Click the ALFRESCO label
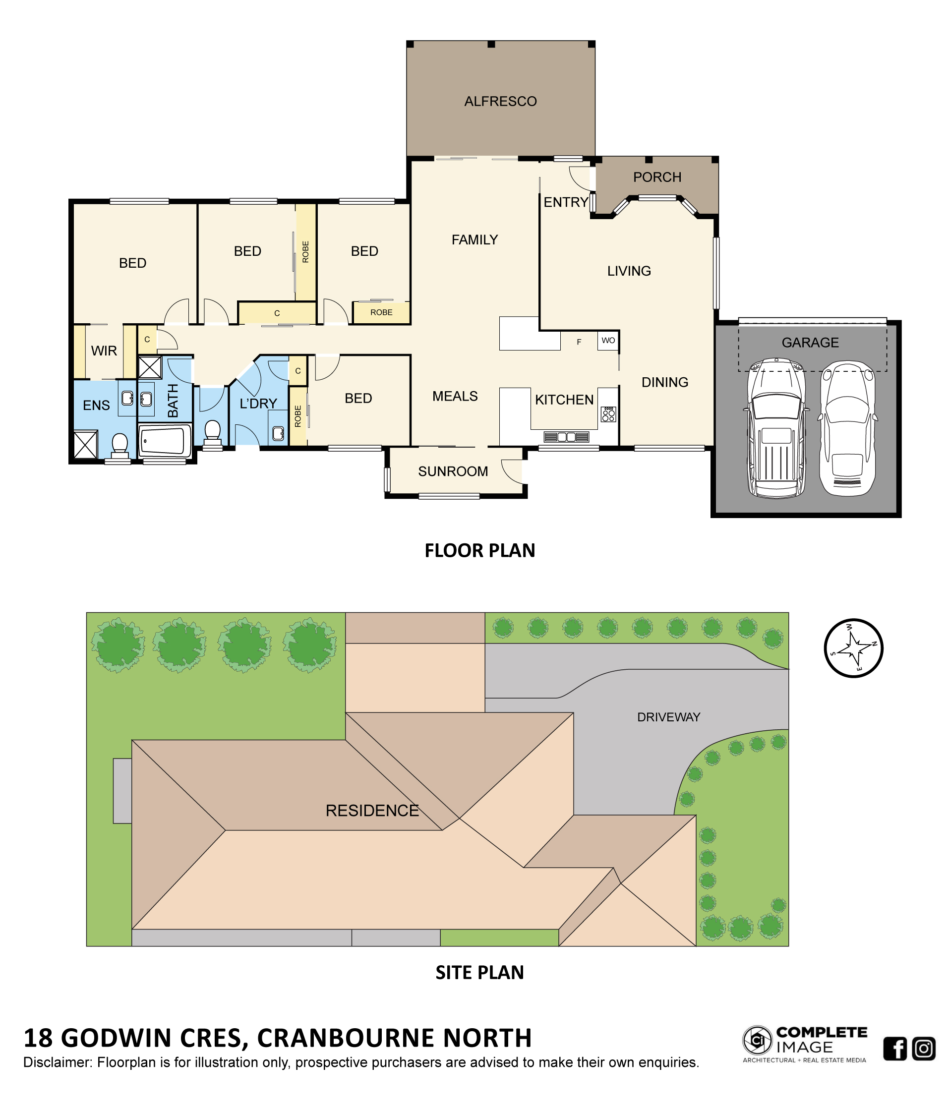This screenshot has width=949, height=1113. point(500,101)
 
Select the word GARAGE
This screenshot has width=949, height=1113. point(809,342)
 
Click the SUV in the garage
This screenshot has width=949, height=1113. point(775,426)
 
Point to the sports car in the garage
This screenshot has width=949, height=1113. point(847,427)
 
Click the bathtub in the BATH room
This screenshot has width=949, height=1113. point(165,440)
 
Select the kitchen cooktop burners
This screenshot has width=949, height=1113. point(608,413)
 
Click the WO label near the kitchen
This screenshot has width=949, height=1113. point(608,340)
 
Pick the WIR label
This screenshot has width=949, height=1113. point(104,351)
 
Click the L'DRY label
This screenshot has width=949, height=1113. point(258,403)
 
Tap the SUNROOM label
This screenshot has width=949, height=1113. point(453,471)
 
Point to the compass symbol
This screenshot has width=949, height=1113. point(853,648)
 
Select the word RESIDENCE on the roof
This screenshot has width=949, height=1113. point(372,810)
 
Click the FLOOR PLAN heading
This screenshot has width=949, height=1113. point(479,551)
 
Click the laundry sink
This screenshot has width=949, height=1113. point(278,433)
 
